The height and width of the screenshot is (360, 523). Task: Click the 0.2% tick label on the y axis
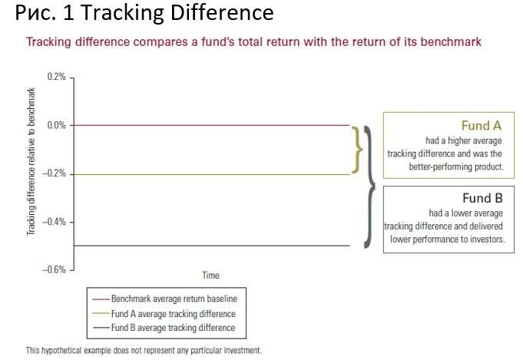tap(56, 77)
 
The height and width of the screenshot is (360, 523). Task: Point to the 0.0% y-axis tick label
tap(56, 125)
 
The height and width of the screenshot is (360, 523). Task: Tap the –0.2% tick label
tap(54, 173)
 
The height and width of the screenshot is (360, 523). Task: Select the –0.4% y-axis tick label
tap(54, 222)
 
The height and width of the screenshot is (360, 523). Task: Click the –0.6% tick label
tap(54, 269)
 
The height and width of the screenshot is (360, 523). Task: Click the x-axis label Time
tap(210, 276)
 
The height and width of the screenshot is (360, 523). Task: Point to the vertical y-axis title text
tap(31, 161)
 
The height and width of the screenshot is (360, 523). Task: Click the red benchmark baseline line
tap(211, 125)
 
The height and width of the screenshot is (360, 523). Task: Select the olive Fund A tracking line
tap(211, 174)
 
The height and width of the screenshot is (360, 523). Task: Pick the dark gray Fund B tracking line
tap(211, 246)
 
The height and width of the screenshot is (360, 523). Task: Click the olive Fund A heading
tap(482, 126)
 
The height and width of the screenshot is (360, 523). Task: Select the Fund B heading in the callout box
tap(482, 198)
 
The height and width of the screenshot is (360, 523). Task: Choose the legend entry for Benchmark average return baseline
tap(165, 299)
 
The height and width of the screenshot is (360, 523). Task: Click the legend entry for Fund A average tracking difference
tap(164, 314)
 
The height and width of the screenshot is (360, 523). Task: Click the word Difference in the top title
tap(222, 13)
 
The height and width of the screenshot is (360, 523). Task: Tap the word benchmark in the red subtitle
tap(451, 42)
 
